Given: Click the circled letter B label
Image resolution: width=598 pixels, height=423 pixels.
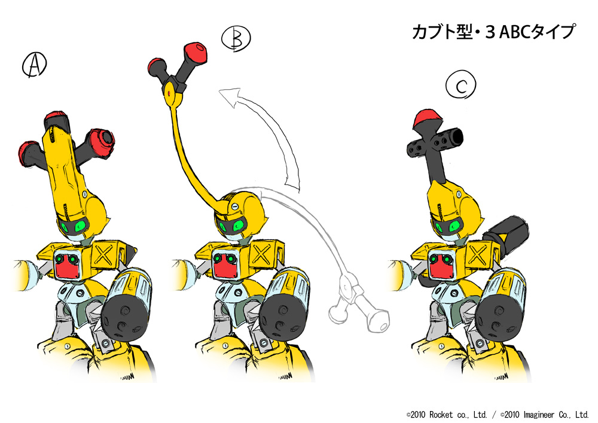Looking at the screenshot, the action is pyautogui.click(x=236, y=38).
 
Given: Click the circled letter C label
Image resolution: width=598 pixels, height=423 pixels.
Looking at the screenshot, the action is pyautogui.click(x=460, y=84).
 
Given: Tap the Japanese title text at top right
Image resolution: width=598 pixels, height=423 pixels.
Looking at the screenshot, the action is pyautogui.click(x=493, y=32).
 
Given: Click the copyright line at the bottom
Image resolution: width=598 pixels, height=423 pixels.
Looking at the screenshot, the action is pyautogui.click(x=498, y=414).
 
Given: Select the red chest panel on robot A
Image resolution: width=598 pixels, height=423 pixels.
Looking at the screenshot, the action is pyautogui.click(x=67, y=265).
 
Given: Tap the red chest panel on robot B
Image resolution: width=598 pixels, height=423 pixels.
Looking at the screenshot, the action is pyautogui.click(x=225, y=265).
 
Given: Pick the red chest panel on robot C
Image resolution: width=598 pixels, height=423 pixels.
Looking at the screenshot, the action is pyautogui.click(x=442, y=265).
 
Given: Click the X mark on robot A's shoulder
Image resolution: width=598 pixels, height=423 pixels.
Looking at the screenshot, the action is pyautogui.click(x=103, y=255).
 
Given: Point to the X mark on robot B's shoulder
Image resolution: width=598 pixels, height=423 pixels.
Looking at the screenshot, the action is pyautogui.click(x=261, y=255).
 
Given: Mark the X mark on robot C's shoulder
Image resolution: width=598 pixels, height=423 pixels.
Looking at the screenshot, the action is pyautogui.click(x=478, y=255).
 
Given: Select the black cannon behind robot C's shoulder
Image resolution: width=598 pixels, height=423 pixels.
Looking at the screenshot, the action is pyautogui.click(x=505, y=233).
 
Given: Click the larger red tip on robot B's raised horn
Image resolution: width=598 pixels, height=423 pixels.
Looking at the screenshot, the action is pyautogui.click(x=196, y=52).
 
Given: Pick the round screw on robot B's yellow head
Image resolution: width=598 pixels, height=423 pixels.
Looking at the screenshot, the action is pyautogui.click(x=234, y=206).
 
